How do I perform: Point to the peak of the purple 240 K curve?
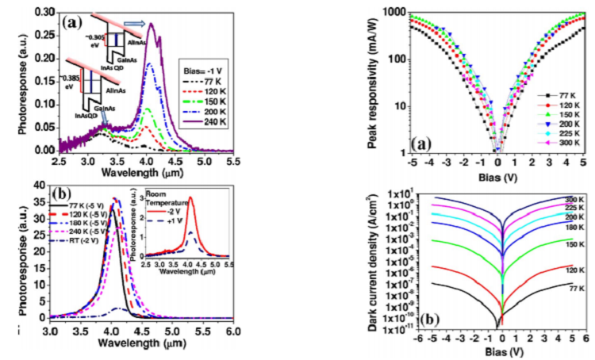pyautogui.click(x=151, y=24)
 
